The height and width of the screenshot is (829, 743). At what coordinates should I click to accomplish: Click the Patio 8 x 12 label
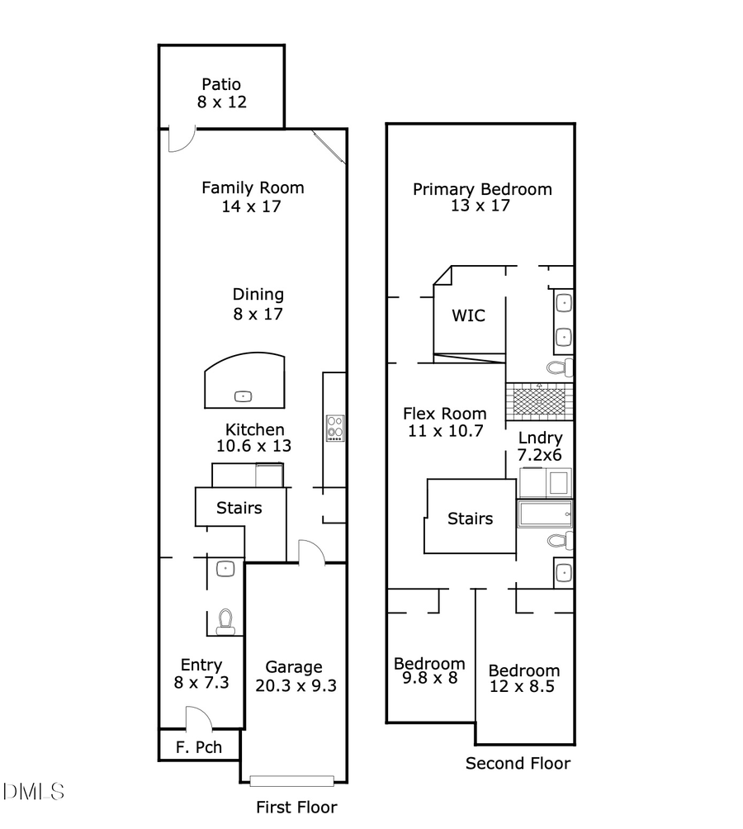(221, 93)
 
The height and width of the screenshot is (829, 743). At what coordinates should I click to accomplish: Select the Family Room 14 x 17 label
(252, 197)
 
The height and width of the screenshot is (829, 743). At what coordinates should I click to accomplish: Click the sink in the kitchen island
(243, 396)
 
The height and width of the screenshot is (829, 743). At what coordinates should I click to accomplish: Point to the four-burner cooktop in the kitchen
(335, 427)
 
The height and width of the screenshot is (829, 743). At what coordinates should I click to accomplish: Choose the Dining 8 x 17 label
(258, 304)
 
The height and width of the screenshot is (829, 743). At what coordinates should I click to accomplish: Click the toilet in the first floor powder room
(225, 622)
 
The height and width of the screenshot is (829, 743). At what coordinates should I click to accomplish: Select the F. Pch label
(196, 751)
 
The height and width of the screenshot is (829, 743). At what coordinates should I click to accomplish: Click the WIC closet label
(467, 315)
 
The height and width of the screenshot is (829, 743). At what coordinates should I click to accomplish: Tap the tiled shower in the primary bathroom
(538, 399)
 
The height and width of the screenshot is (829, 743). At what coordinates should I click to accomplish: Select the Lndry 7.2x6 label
(540, 446)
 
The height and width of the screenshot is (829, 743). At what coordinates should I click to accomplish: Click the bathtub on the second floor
(545, 514)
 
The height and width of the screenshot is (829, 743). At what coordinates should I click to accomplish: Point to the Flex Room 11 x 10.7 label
(444, 421)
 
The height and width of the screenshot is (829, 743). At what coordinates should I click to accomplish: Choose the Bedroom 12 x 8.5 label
(523, 679)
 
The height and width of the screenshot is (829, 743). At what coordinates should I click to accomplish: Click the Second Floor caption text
(518, 763)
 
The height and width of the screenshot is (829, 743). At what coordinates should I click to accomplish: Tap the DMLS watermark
(33, 793)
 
